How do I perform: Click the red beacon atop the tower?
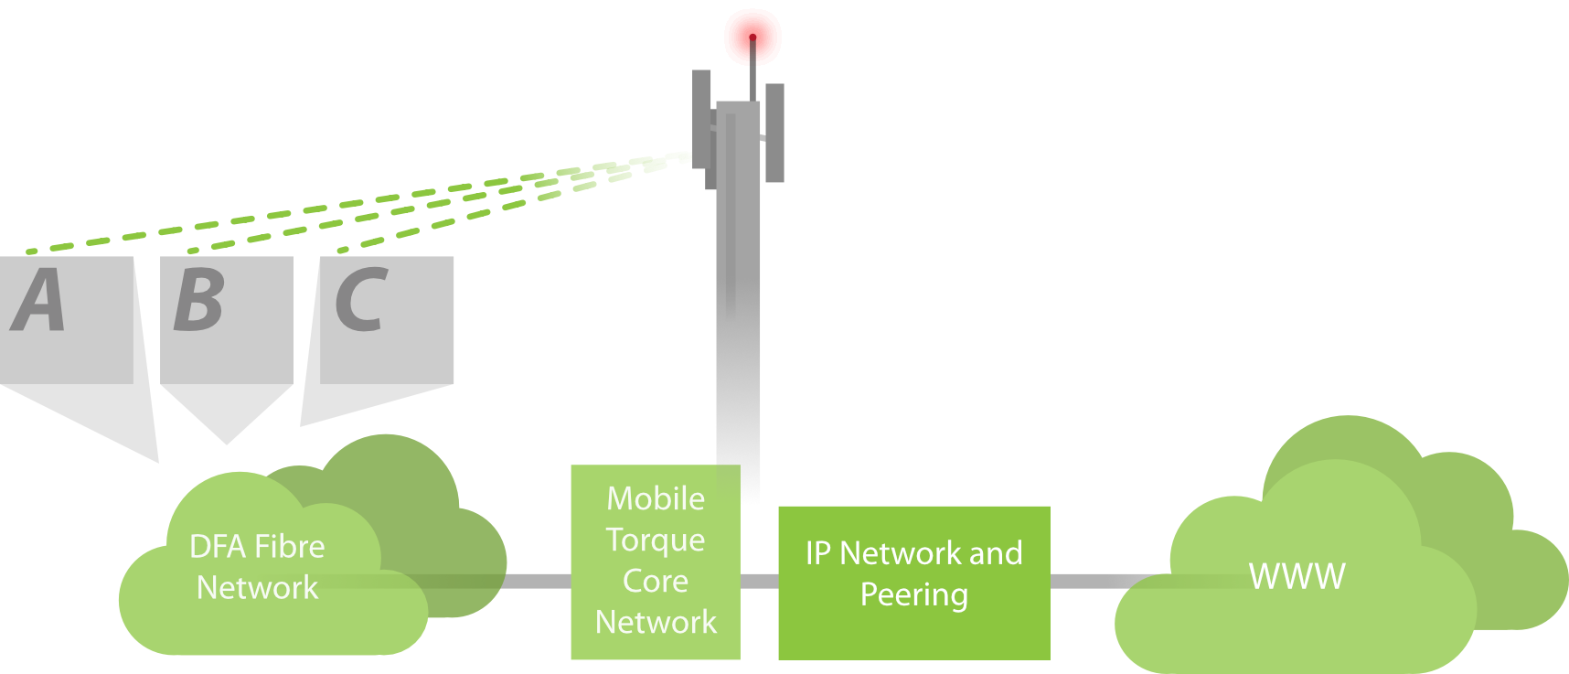pyautogui.click(x=752, y=37)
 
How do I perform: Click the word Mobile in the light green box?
pyautogui.click(x=656, y=498)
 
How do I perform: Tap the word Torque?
pyautogui.click(x=655, y=540)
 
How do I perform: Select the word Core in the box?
pyautogui.click(x=655, y=581)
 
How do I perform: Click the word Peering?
pyautogui.click(x=913, y=595)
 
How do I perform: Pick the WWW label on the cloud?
pyautogui.click(x=1297, y=577)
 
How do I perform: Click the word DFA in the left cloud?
pyautogui.click(x=217, y=547)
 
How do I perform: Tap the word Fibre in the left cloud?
pyautogui.click(x=290, y=547)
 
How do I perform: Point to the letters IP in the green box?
pyautogui.click(x=818, y=553)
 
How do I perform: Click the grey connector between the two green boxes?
pyautogui.click(x=759, y=582)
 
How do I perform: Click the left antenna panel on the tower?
pyautogui.click(x=700, y=119)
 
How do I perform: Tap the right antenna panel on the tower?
pyautogui.click(x=774, y=133)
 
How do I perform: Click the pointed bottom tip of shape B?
pyautogui.click(x=227, y=441)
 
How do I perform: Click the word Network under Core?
pyautogui.click(x=656, y=622)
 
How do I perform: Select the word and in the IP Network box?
pyautogui.click(x=996, y=553)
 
